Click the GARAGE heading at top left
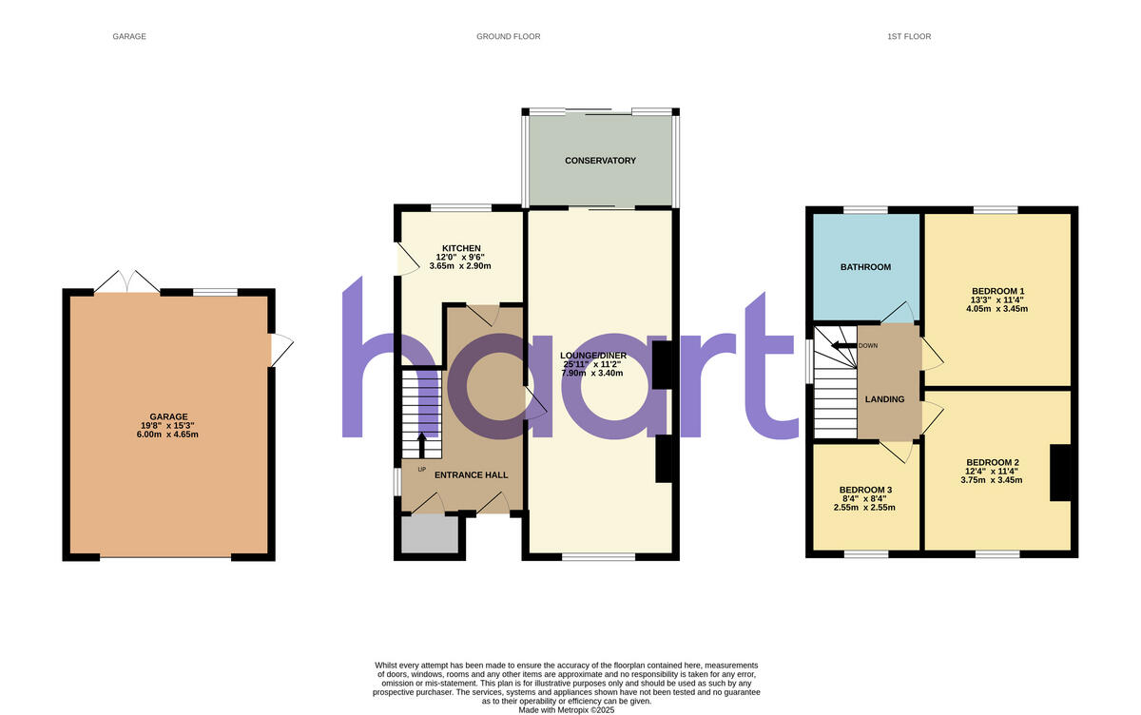(x=129, y=37)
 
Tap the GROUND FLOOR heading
(x=509, y=37)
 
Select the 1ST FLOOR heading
(x=909, y=37)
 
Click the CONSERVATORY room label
(x=600, y=161)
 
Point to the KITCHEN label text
(x=461, y=248)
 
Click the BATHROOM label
(x=865, y=267)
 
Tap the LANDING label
(x=884, y=398)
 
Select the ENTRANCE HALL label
(x=471, y=474)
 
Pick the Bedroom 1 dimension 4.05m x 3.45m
(x=997, y=309)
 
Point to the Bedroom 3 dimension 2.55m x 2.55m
(x=864, y=507)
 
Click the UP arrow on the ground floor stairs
(x=423, y=445)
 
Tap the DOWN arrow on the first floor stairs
(x=845, y=346)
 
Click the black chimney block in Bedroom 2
(x=1060, y=473)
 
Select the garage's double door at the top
(x=127, y=282)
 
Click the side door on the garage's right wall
(x=280, y=350)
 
